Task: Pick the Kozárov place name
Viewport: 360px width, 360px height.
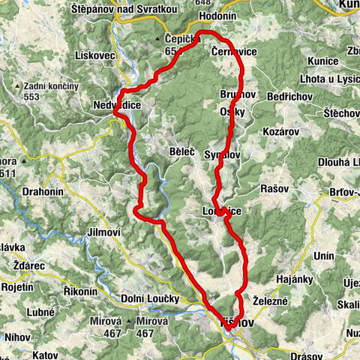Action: (280, 130)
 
